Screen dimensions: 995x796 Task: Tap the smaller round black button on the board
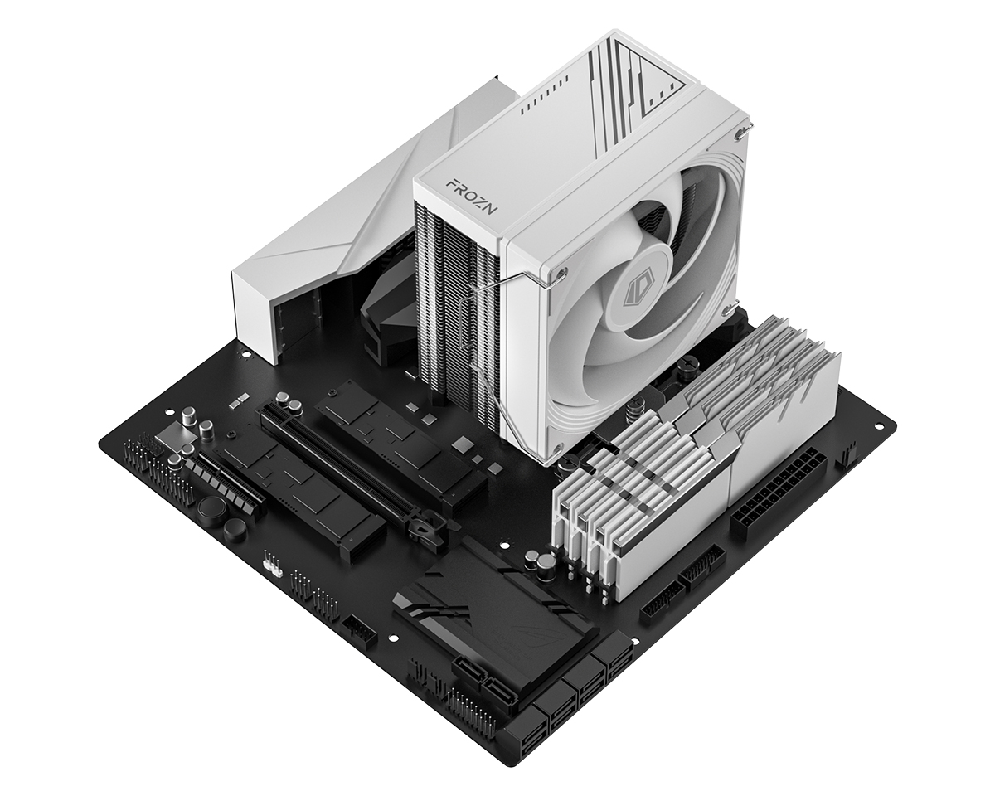(235, 531)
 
